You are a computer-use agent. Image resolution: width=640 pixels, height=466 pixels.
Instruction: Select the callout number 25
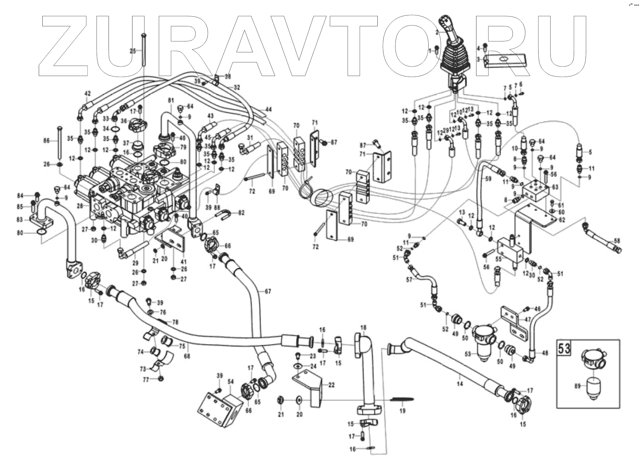pyautogui.click(x=133, y=51)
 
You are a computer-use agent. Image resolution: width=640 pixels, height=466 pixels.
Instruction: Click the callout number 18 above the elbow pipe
pyautogui.click(x=363, y=327)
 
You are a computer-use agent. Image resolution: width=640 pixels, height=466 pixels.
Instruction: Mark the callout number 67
pyautogui.click(x=268, y=292)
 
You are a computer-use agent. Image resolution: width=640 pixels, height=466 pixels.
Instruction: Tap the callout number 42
pyautogui.click(x=88, y=93)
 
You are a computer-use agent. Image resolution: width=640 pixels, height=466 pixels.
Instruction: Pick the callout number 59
pyautogui.click(x=488, y=179)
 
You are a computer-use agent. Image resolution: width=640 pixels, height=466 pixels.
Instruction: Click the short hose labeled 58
pyautogui.click(x=603, y=243)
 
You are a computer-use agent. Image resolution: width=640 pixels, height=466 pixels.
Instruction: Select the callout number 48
pyautogui.click(x=544, y=353)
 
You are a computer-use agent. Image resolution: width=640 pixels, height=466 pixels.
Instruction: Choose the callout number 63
pyautogui.click(x=555, y=187)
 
